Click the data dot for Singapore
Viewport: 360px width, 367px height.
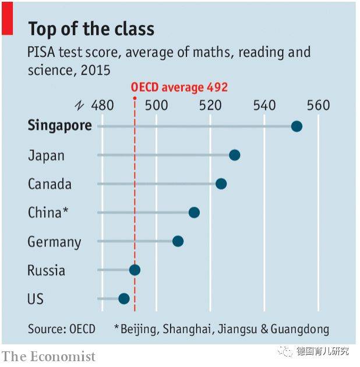click(297, 126)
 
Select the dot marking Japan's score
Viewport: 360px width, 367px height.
click(235, 155)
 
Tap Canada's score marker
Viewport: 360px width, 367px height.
click(221, 183)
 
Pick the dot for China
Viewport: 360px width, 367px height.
click(194, 213)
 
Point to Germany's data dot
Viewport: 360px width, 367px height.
click(178, 241)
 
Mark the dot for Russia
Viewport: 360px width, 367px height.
click(135, 270)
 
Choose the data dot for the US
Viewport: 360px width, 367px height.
click(124, 298)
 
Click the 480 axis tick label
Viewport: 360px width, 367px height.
click(103, 105)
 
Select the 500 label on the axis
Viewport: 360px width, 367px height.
click(156, 105)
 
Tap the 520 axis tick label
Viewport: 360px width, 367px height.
click(210, 105)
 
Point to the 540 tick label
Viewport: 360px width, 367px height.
click(264, 105)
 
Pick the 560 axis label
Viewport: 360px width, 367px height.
click(318, 105)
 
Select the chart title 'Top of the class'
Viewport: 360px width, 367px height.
click(91, 29)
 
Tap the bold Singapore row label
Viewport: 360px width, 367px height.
click(59, 126)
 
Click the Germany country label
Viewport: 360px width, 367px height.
click(54, 242)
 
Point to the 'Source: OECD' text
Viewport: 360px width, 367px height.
click(61, 329)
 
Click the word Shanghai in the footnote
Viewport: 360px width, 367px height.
click(188, 329)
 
